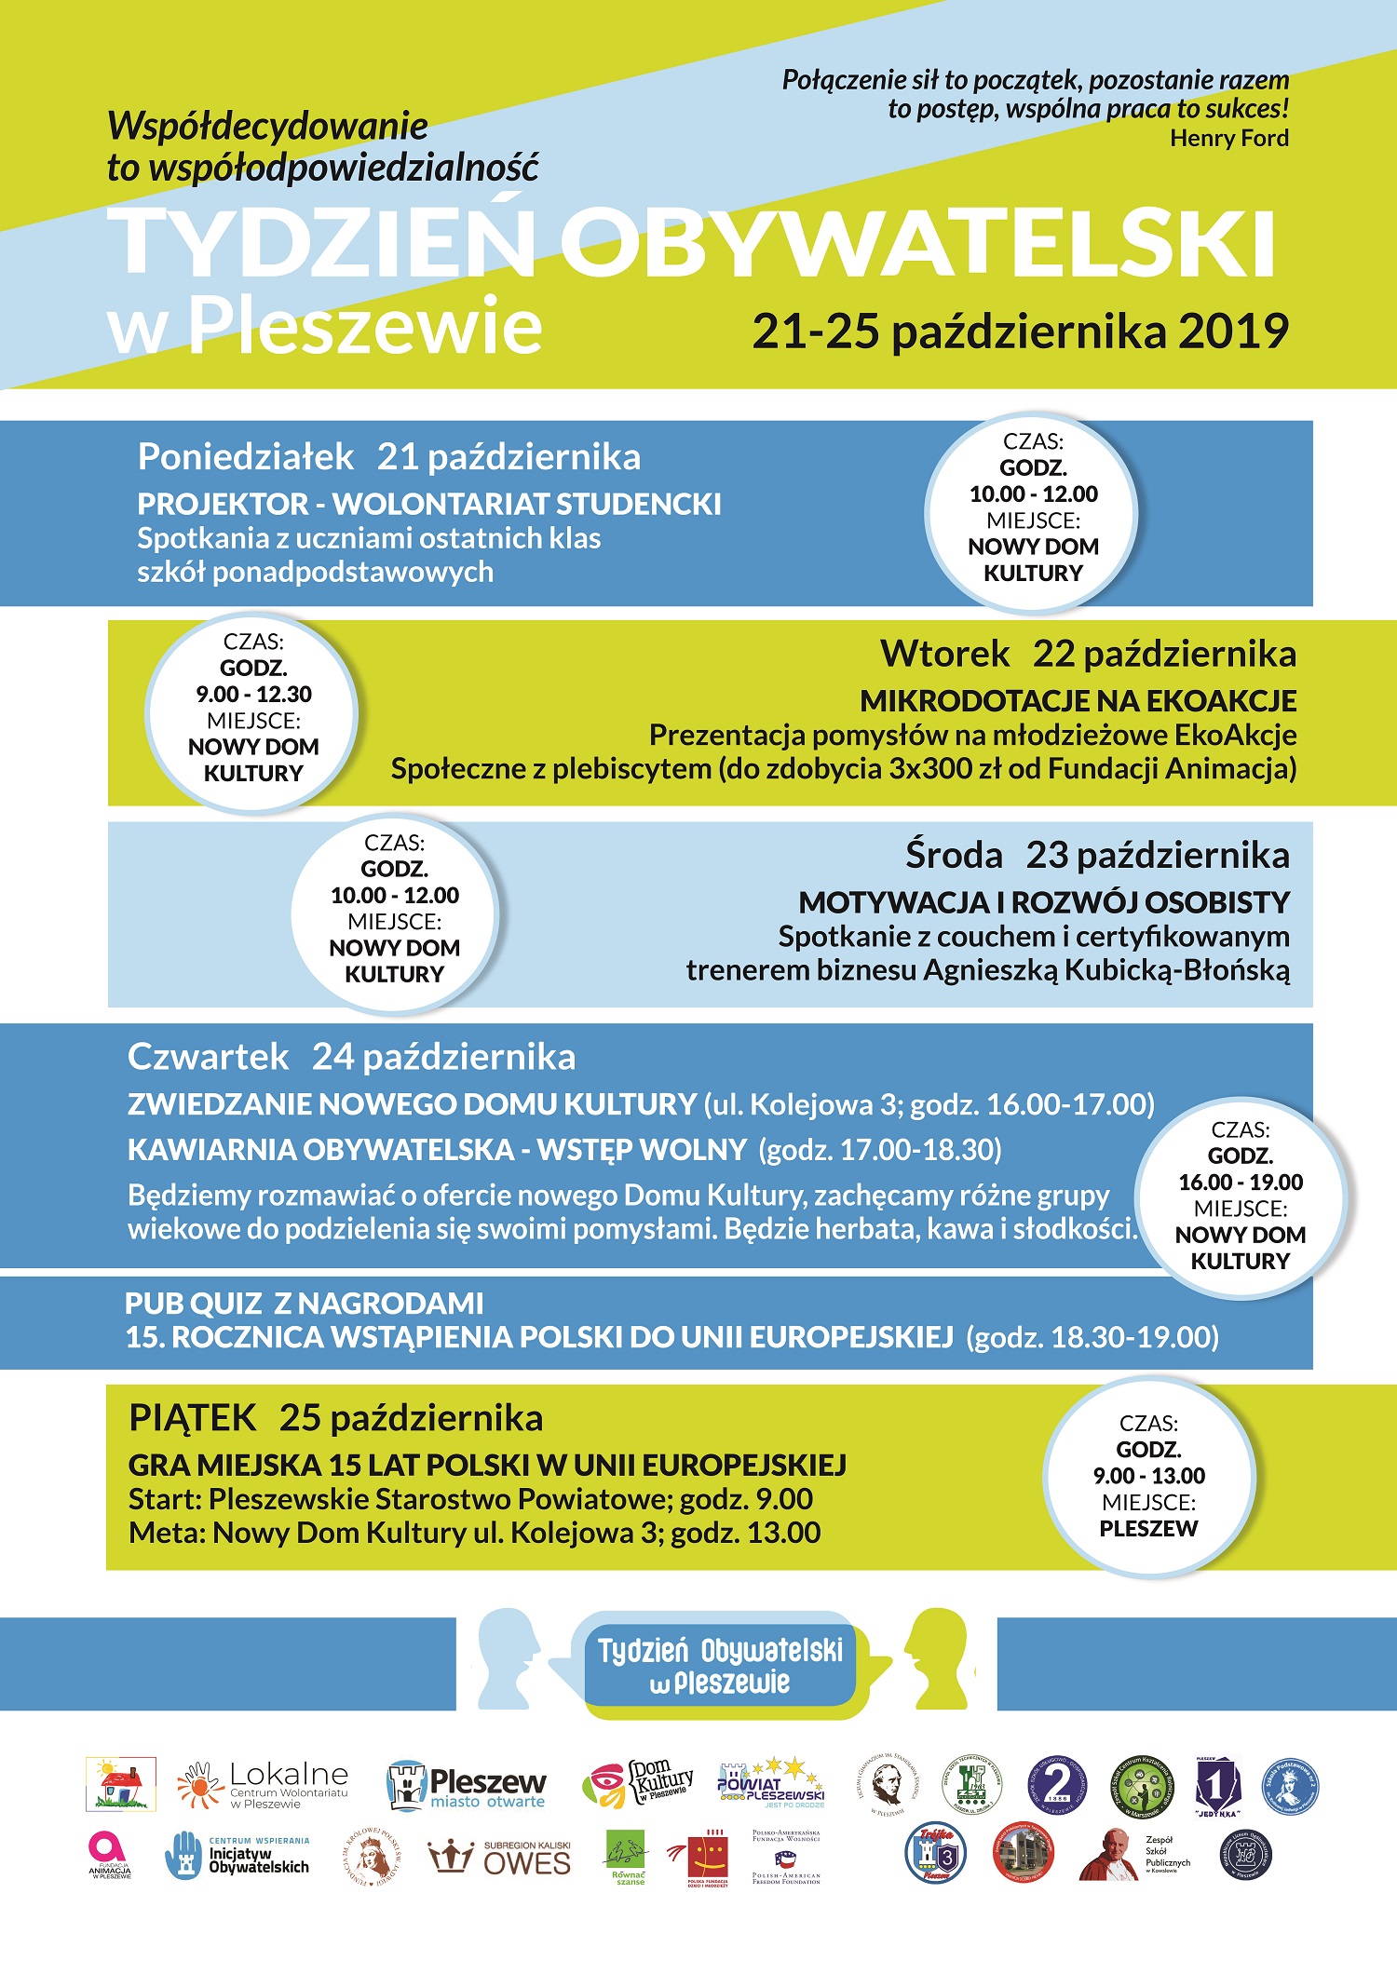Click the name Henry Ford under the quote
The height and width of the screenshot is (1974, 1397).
click(1228, 139)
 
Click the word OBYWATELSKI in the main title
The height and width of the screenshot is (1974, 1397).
click(917, 244)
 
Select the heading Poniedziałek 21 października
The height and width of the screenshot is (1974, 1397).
click(388, 457)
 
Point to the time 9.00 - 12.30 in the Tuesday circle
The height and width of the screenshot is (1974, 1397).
click(253, 695)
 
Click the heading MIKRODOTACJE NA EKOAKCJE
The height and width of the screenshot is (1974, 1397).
click(1078, 700)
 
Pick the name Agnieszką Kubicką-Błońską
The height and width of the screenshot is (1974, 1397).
click(1106, 970)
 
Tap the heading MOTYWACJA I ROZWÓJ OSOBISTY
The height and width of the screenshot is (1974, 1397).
click(1043, 902)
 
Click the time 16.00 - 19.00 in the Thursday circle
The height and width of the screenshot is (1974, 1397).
click(1241, 1183)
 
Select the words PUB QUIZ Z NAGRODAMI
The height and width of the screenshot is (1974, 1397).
click(305, 1303)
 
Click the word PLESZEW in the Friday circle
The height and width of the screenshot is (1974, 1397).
click(1148, 1528)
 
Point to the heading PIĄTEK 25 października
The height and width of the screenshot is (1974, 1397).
click(335, 1418)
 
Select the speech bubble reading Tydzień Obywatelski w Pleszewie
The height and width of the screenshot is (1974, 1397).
click(719, 1667)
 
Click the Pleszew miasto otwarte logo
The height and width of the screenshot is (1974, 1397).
click(467, 1786)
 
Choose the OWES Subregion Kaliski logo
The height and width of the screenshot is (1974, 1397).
click(499, 1858)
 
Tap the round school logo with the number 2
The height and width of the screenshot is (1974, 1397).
click(1056, 1785)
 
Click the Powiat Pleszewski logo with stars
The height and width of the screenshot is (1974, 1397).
click(771, 1783)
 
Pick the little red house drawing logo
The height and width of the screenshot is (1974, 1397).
click(121, 1783)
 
